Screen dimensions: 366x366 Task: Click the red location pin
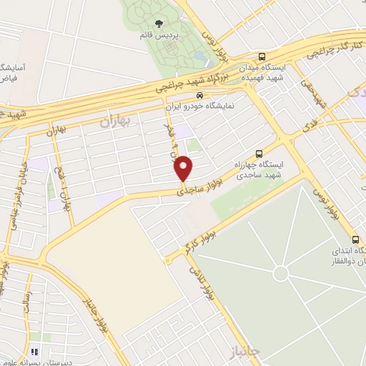point(183,169)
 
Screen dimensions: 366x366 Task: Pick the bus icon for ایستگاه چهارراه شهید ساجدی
point(259,154)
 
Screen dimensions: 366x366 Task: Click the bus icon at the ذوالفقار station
point(355,239)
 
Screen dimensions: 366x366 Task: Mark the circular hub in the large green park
point(281,273)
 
